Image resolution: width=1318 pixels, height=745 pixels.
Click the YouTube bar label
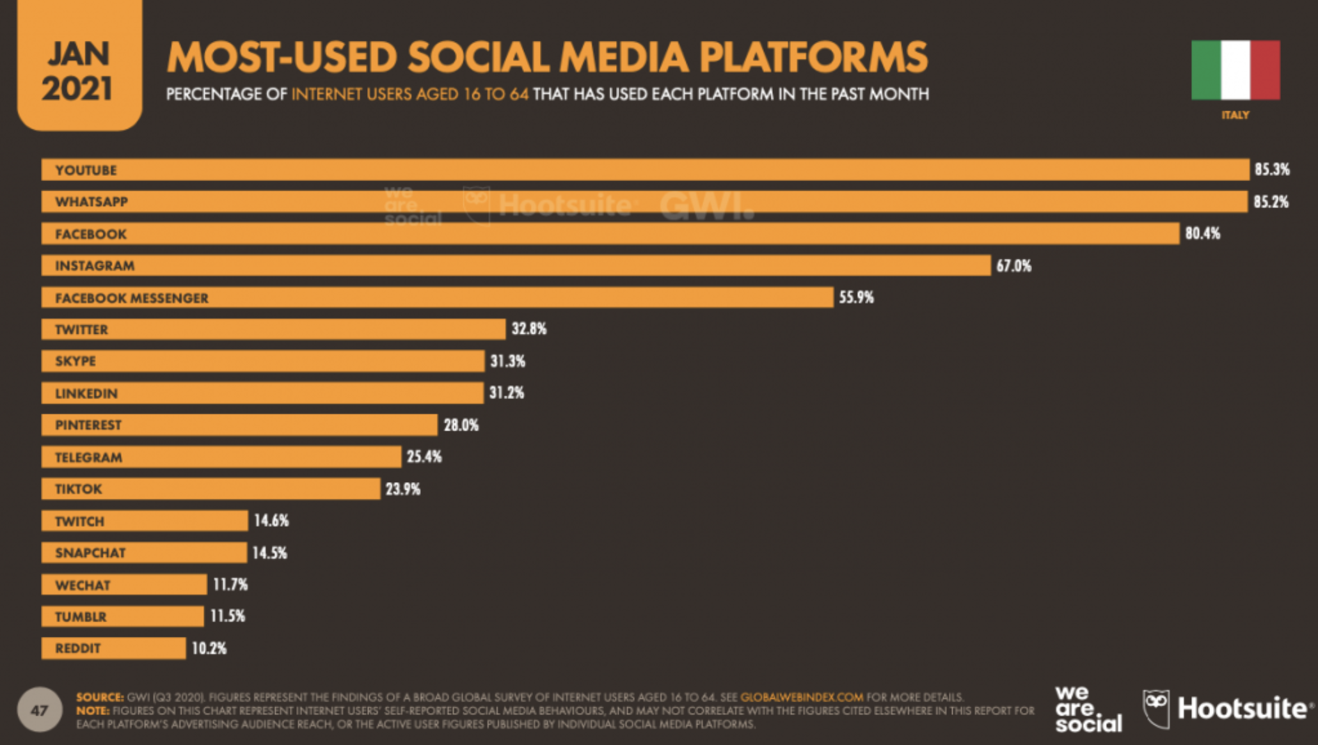click(x=86, y=170)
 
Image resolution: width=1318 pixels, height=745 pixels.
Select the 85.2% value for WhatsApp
click(x=1271, y=202)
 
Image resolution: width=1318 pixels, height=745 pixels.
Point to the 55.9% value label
click(x=856, y=297)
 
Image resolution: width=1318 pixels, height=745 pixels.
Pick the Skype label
click(x=75, y=361)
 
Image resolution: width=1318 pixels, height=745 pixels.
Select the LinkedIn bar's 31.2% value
click(x=507, y=393)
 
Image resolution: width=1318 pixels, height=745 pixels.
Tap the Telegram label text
click(x=88, y=457)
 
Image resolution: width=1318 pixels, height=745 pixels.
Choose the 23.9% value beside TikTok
click(x=402, y=489)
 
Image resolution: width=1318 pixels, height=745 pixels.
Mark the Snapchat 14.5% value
click(x=269, y=553)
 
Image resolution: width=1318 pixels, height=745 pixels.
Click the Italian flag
click(x=1235, y=70)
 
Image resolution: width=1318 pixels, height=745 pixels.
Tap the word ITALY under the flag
click(x=1235, y=115)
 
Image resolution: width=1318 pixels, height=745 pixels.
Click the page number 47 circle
click(x=40, y=710)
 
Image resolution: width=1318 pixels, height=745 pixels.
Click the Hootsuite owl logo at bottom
click(x=1156, y=709)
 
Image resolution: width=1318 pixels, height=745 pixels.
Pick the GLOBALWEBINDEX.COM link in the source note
click(x=801, y=697)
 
